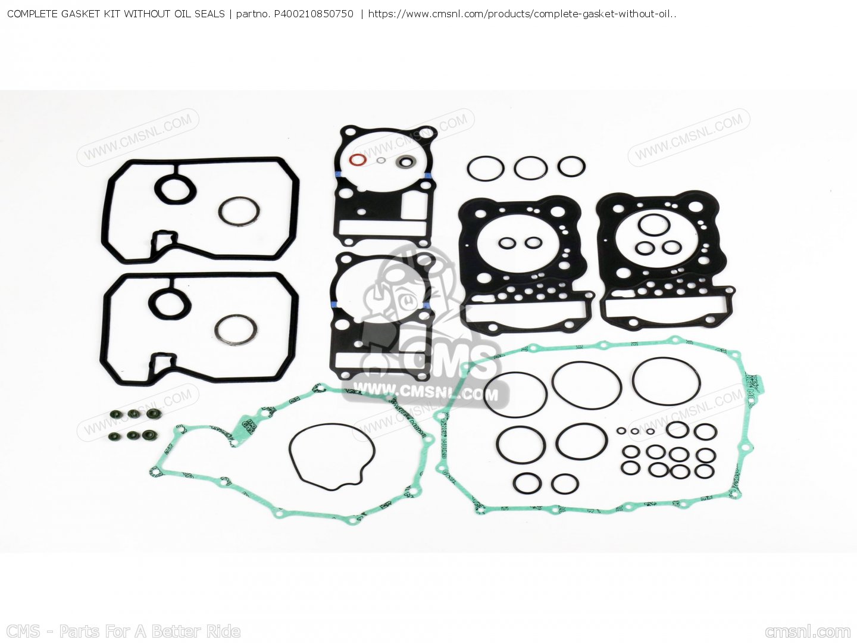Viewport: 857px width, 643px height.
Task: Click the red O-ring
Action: [x=356, y=160]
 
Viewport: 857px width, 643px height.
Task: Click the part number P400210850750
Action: [x=313, y=14]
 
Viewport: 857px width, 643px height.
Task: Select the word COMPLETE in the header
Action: [x=32, y=14]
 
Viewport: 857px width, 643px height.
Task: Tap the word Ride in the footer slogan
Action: [x=223, y=631]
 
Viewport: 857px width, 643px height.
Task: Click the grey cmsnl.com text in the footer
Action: [x=808, y=632]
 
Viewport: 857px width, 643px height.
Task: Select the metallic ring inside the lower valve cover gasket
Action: [x=236, y=329]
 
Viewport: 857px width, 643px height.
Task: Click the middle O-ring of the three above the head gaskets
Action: [x=530, y=168]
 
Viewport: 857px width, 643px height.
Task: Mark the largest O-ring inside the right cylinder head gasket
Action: [x=654, y=225]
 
